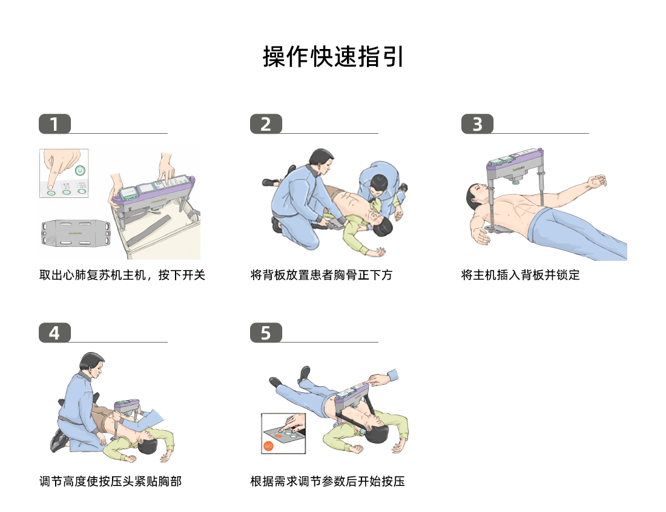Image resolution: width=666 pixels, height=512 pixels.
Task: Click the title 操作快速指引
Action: pyautogui.click(x=333, y=57)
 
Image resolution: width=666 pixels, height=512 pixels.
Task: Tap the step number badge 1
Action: pyautogui.click(x=54, y=124)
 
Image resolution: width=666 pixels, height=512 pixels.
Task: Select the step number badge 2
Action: pyautogui.click(x=266, y=124)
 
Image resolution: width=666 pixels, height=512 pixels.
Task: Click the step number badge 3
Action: pyautogui.click(x=477, y=124)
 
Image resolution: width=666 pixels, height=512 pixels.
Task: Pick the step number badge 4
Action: pyautogui.click(x=54, y=333)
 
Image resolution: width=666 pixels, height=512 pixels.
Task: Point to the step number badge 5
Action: pyautogui.click(x=266, y=333)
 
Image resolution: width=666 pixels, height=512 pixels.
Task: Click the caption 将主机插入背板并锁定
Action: pyautogui.click(x=520, y=275)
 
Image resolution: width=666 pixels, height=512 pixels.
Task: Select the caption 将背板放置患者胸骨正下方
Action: pyautogui.click(x=321, y=275)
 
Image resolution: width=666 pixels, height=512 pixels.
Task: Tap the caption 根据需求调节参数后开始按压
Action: pyautogui.click(x=327, y=482)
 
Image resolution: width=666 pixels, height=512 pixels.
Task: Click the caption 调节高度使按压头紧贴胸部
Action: pyautogui.click(x=110, y=482)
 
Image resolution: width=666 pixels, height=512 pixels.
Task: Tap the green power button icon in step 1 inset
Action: pyautogui.click(x=79, y=171)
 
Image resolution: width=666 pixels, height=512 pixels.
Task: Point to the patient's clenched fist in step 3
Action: pyautogui.click(x=598, y=180)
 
